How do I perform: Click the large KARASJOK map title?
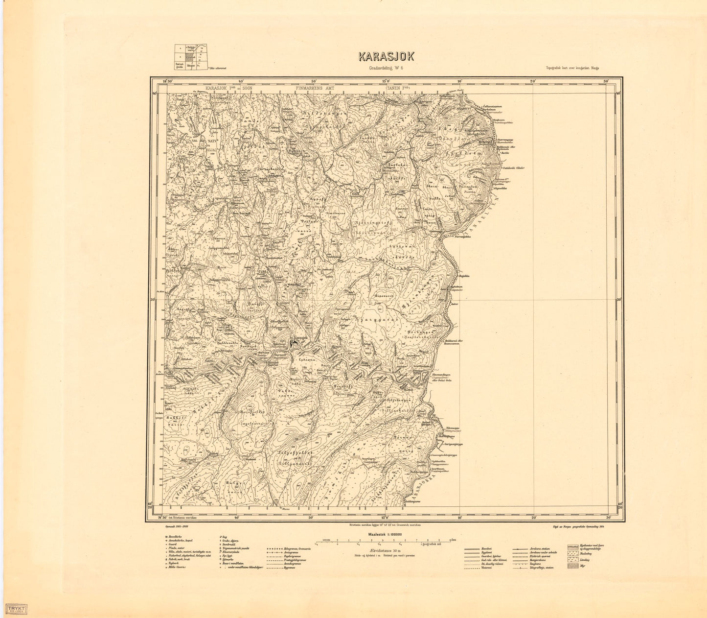click(x=386, y=56)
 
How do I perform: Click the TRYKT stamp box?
click(x=16, y=609)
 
